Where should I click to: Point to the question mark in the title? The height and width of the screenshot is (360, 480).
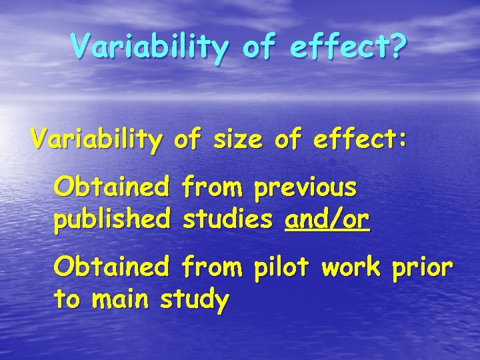coord(397,46)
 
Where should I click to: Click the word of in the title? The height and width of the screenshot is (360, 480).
coord(263,46)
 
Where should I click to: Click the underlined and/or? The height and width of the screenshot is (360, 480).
coord(327,219)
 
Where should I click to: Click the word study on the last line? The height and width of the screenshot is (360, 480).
coord(195,299)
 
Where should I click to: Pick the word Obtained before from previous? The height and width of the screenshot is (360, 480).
coord(111,188)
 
